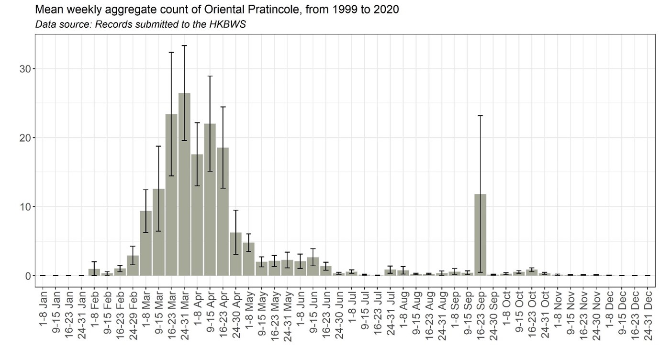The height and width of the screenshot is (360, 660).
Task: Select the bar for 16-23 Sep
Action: tap(480, 235)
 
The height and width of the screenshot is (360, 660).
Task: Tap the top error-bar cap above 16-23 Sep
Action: tap(480, 115)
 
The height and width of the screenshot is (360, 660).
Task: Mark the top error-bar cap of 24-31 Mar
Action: tap(184, 45)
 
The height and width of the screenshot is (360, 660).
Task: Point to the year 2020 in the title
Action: tap(388, 10)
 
